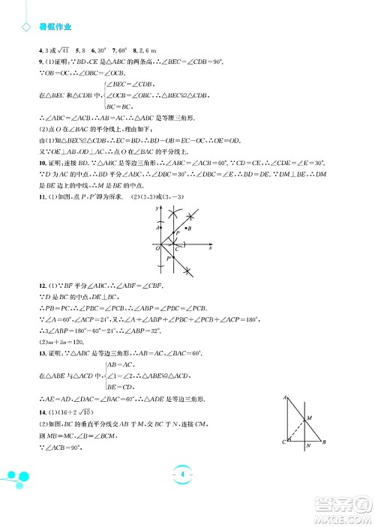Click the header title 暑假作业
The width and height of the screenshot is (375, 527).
coord(55,27)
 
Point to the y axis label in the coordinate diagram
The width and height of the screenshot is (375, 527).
coord(151,206)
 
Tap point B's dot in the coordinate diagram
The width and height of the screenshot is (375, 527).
coord(185,228)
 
